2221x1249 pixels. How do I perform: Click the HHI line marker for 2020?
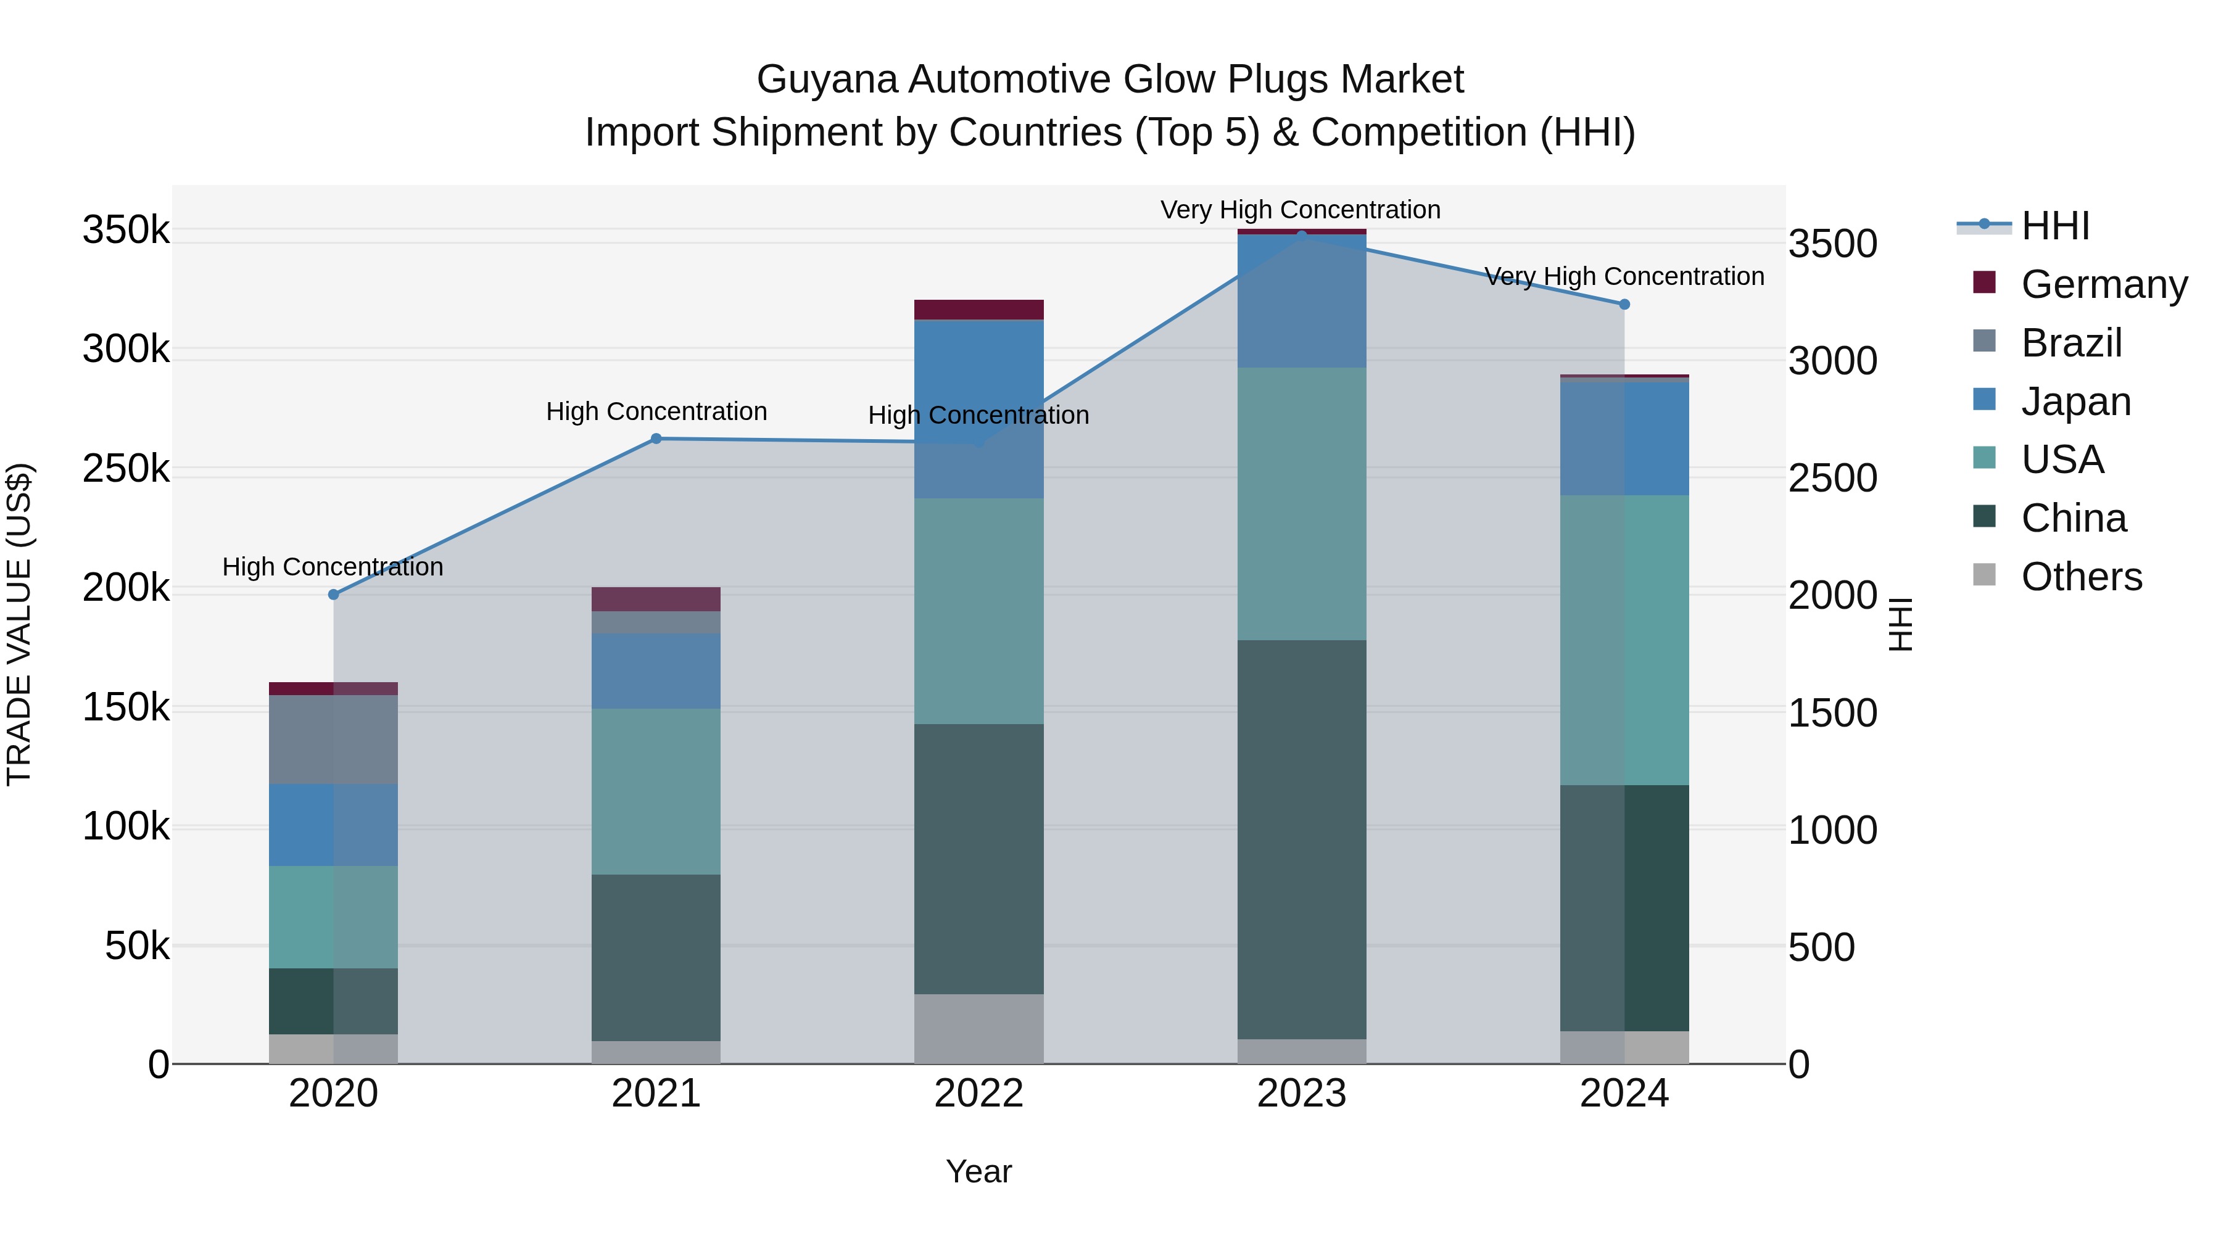(334, 595)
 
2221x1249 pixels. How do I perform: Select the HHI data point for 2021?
(656, 439)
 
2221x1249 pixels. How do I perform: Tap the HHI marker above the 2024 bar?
(1624, 304)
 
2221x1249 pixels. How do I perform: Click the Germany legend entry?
(2104, 284)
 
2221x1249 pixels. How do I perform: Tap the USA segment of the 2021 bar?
(656, 791)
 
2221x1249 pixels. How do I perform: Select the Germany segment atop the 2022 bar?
(978, 310)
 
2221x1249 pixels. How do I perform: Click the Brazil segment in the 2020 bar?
(334, 740)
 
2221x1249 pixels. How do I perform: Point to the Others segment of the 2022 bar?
(978, 1028)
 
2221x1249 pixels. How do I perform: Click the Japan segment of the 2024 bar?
(1624, 438)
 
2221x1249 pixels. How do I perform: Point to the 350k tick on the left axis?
(126, 231)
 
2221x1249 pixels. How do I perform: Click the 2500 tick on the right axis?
(1832, 479)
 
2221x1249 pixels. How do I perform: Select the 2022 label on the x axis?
(978, 1094)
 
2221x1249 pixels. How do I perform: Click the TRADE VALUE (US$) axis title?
(19, 624)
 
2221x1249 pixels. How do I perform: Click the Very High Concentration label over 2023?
(1300, 210)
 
